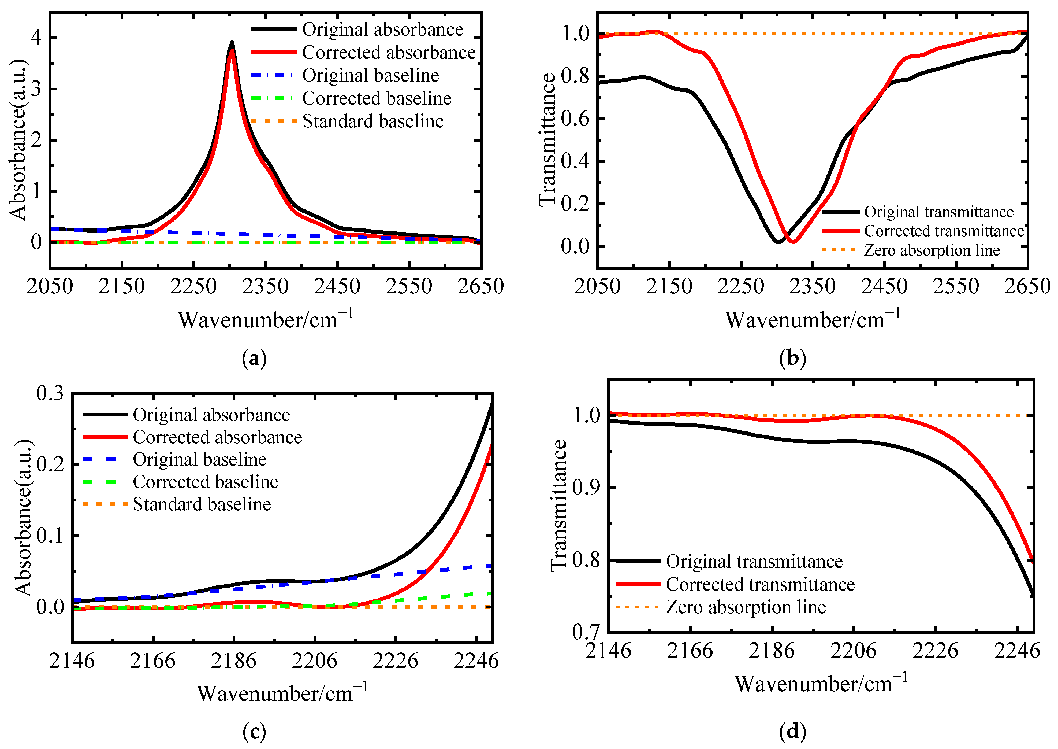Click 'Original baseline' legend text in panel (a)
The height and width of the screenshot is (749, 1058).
click(370, 75)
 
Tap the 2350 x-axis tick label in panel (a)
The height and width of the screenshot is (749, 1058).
click(265, 286)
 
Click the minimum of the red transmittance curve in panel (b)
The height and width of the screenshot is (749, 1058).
click(793, 241)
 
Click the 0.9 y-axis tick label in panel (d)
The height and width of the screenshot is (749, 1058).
click(586, 488)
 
